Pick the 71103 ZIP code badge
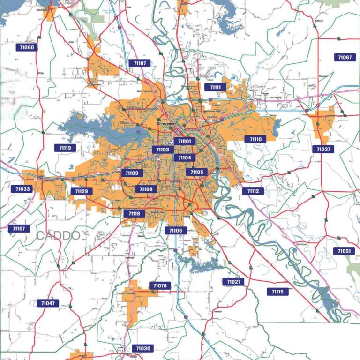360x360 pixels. [163, 150]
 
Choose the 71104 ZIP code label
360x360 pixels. [185, 158]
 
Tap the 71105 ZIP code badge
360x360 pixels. [197, 172]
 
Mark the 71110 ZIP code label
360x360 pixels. [255, 139]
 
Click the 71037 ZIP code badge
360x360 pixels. [323, 149]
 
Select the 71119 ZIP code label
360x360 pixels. [65, 148]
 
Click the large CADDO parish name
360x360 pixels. [58, 235]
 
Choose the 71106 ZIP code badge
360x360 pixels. [176, 231]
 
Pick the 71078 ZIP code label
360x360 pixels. [160, 285]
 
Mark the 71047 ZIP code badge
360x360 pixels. [48, 303]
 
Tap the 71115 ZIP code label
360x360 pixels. [277, 292]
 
